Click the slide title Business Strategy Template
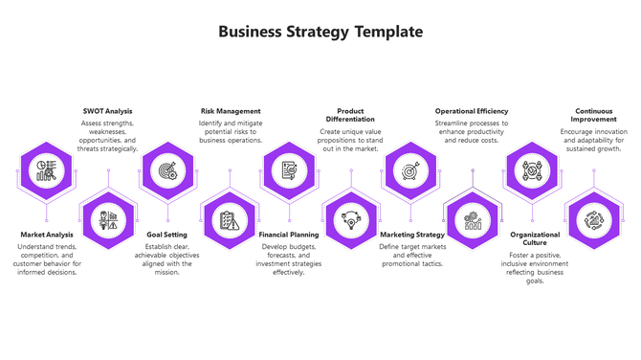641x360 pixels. tap(320, 32)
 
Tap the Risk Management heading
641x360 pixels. tap(231, 111)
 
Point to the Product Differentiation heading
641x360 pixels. tap(350, 116)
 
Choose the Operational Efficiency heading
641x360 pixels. tap(471, 111)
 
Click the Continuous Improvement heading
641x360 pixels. tap(594, 116)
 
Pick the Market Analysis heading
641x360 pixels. tap(47, 234)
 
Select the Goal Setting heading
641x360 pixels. tap(167, 234)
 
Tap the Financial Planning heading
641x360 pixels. tap(289, 234)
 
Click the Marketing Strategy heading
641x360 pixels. tap(412, 234)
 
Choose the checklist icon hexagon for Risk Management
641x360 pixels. tap(229, 221)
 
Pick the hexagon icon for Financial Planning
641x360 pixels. tap(289, 171)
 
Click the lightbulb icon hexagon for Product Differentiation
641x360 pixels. tap(350, 221)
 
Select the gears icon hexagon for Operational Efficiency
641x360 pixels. tap(472, 221)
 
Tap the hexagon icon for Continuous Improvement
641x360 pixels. tap(593, 221)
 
